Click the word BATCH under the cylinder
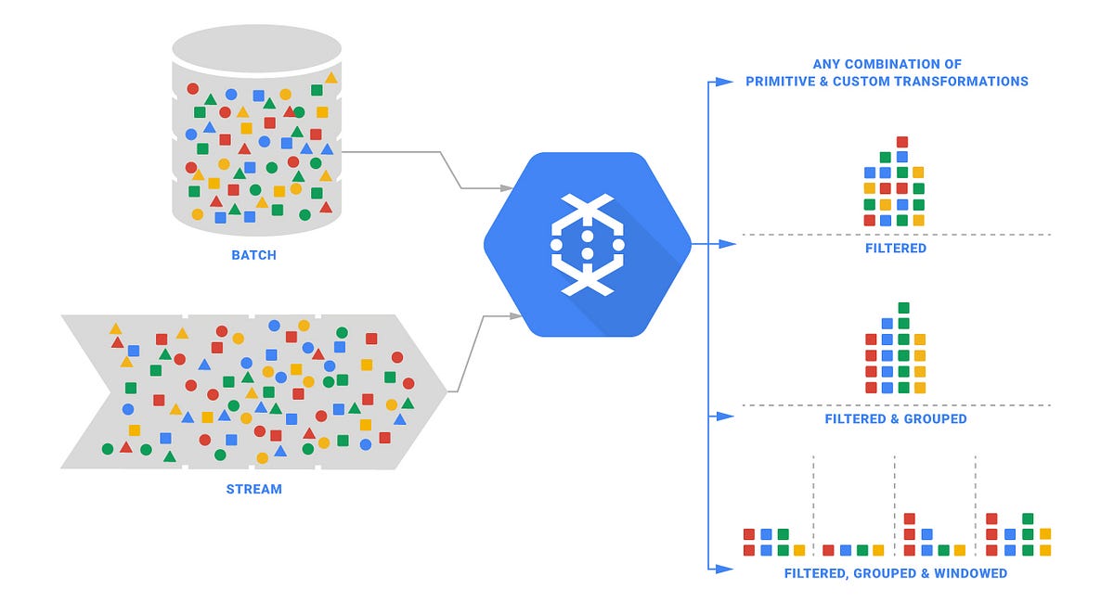253,254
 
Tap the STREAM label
253,488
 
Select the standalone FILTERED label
895,249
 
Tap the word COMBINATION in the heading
878,64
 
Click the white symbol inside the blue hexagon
587,245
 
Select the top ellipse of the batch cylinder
257,48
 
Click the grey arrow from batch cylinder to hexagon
408,167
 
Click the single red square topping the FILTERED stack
902,142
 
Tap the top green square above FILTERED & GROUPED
903,307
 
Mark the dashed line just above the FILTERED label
896,235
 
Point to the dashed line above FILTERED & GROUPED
896,405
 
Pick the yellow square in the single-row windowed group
878,550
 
